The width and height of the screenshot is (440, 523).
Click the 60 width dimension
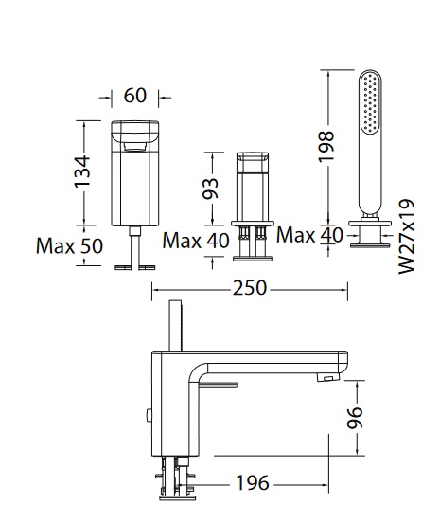134,96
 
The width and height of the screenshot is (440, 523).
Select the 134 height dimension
82,171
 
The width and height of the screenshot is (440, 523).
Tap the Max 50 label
69,246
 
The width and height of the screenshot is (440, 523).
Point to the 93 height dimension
210,189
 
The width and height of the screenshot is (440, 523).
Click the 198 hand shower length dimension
326,147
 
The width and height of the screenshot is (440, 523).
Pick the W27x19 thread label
407,237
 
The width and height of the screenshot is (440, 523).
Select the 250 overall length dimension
250,288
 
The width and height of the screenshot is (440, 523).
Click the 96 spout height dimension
355,417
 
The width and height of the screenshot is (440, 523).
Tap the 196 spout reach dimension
252,482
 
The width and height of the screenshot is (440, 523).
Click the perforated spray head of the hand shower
370,102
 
